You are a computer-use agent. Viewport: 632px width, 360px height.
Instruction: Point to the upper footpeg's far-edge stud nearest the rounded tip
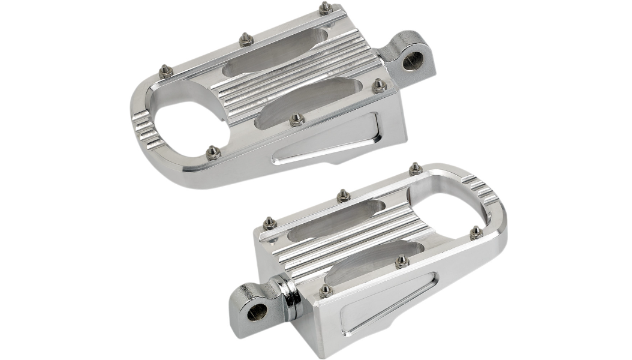pos(167,71)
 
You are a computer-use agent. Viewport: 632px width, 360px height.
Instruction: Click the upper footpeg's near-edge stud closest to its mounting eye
pos(378,86)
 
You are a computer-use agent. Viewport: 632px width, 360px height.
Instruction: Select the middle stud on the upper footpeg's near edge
pos(296,119)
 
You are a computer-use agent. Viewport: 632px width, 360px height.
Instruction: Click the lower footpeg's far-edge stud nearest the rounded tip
pos(415,169)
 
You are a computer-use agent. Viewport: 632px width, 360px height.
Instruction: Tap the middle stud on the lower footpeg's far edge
pos(343,195)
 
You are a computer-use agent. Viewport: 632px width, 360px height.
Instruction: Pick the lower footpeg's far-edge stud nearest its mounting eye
pos(269,224)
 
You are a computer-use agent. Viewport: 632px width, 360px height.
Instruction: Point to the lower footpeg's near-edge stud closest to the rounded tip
pos(477,232)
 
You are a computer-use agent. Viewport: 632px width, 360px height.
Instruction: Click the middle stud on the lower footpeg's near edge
pos(402,260)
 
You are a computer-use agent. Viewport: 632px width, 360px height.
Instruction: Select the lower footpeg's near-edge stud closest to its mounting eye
pos(326,290)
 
